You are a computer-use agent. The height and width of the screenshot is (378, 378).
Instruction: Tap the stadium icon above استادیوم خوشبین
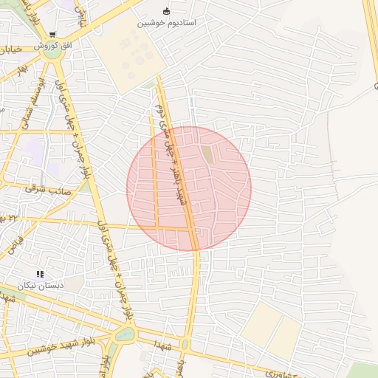166,11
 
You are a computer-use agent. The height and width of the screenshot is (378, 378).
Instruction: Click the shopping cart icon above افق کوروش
52,34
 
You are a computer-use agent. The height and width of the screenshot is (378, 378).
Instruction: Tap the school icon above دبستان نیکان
40,274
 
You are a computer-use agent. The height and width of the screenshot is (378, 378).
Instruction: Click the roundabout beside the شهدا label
125,334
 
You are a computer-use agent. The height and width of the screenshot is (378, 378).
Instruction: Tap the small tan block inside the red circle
207,156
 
